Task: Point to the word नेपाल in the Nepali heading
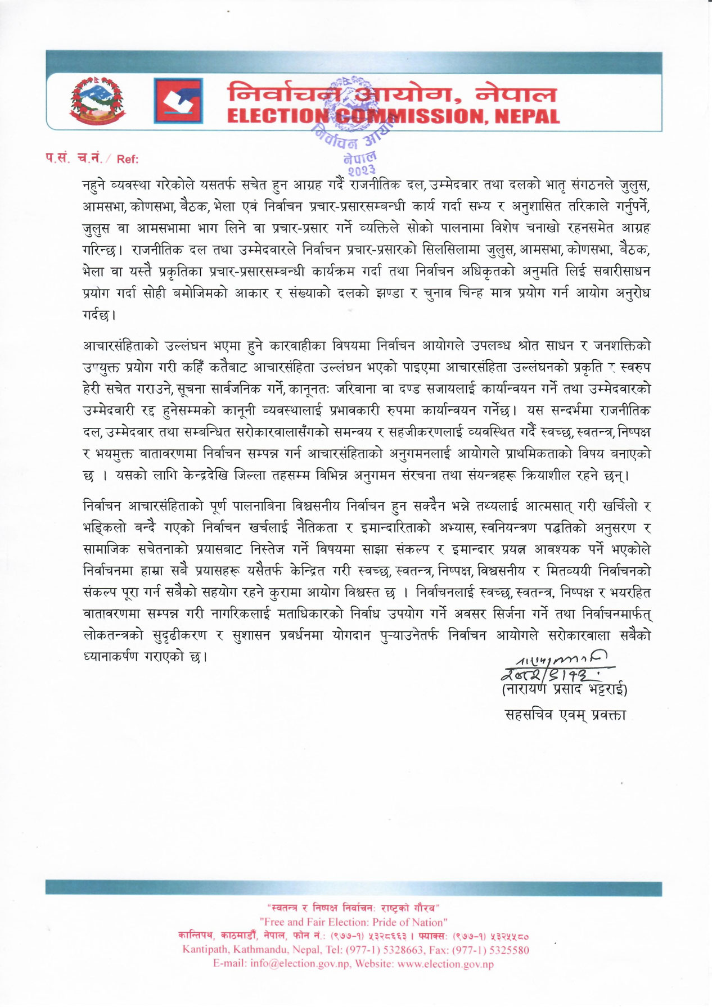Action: click(x=516, y=93)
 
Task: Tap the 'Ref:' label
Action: click(x=128, y=159)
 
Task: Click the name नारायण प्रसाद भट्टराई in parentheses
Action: click(x=564, y=689)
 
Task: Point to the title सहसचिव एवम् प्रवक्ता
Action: click(x=565, y=715)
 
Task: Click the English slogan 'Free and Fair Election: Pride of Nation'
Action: click(x=354, y=922)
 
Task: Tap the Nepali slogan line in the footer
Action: click(x=354, y=907)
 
